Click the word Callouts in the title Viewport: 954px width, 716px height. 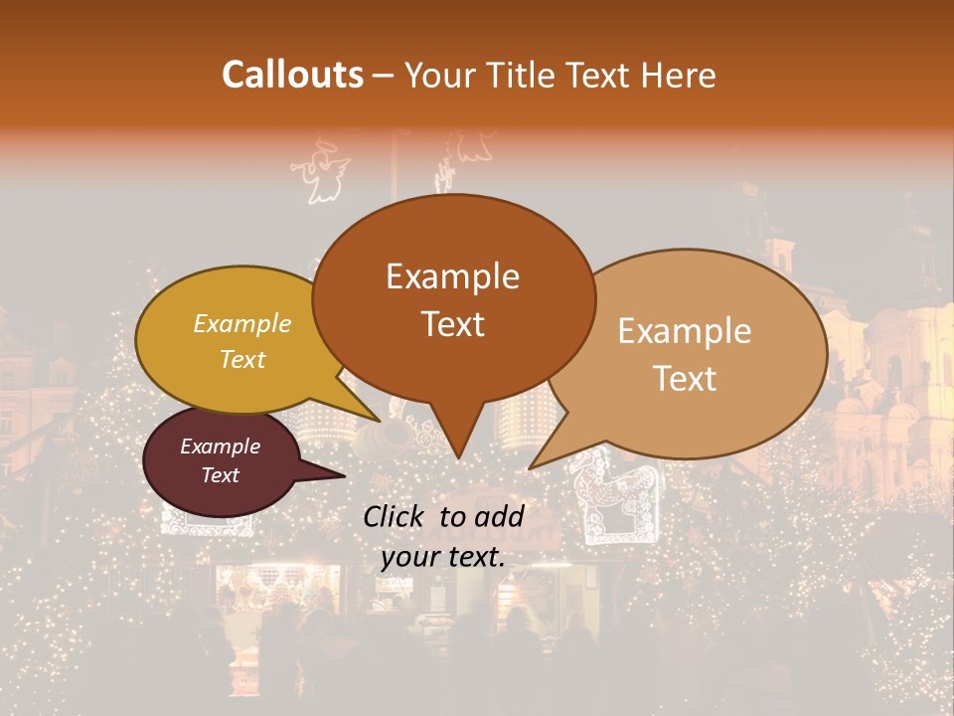pyautogui.click(x=292, y=75)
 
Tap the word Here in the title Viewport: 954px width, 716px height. pyautogui.click(x=677, y=75)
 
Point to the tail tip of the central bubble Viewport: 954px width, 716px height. pyautogui.click(x=457, y=456)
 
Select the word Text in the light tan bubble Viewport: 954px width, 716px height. pyautogui.click(x=685, y=379)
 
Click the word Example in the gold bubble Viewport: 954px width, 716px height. pyautogui.click(x=242, y=324)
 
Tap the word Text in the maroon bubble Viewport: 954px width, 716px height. pyautogui.click(x=221, y=475)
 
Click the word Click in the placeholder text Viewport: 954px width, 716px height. pyautogui.click(x=395, y=516)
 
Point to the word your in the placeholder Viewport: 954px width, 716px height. pyautogui.click(x=409, y=558)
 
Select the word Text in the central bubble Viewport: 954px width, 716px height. pyautogui.click(x=452, y=324)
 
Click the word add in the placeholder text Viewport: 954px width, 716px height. pyautogui.click(x=499, y=516)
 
